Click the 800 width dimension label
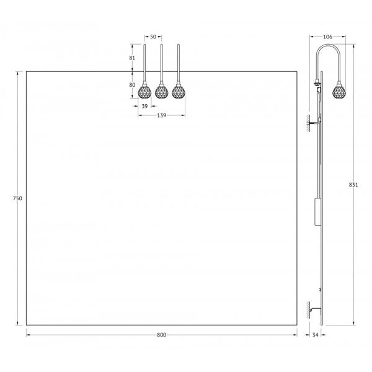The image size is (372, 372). tap(161, 335)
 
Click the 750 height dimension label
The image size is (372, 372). tap(17, 198)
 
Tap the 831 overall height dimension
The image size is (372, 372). tap(353, 185)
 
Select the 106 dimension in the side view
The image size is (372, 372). tap(327, 37)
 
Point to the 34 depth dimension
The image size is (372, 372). tap(315, 335)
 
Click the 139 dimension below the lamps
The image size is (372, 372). tap(161, 115)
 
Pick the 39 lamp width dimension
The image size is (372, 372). tap(144, 106)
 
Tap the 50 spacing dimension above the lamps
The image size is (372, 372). tap(153, 37)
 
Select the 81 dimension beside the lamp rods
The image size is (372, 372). tap(132, 58)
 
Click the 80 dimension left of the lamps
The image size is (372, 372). tap(132, 85)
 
